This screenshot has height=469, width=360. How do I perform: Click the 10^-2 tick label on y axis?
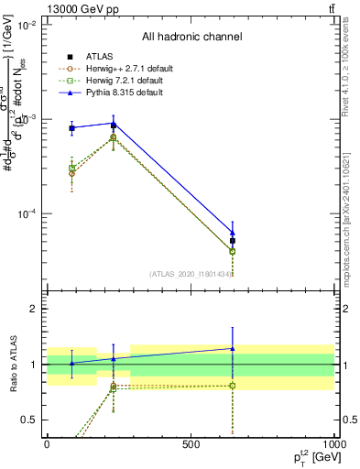[x=27, y=25]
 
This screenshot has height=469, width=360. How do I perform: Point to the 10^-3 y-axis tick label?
[x=27, y=119]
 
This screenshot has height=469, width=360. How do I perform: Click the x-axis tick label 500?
[x=191, y=444]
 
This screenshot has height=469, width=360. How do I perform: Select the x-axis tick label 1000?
[x=333, y=444]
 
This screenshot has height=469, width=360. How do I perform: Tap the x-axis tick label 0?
[x=47, y=444]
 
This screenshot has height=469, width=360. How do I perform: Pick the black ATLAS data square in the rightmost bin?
[x=233, y=241]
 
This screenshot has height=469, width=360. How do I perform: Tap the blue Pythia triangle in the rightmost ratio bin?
[x=233, y=348]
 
